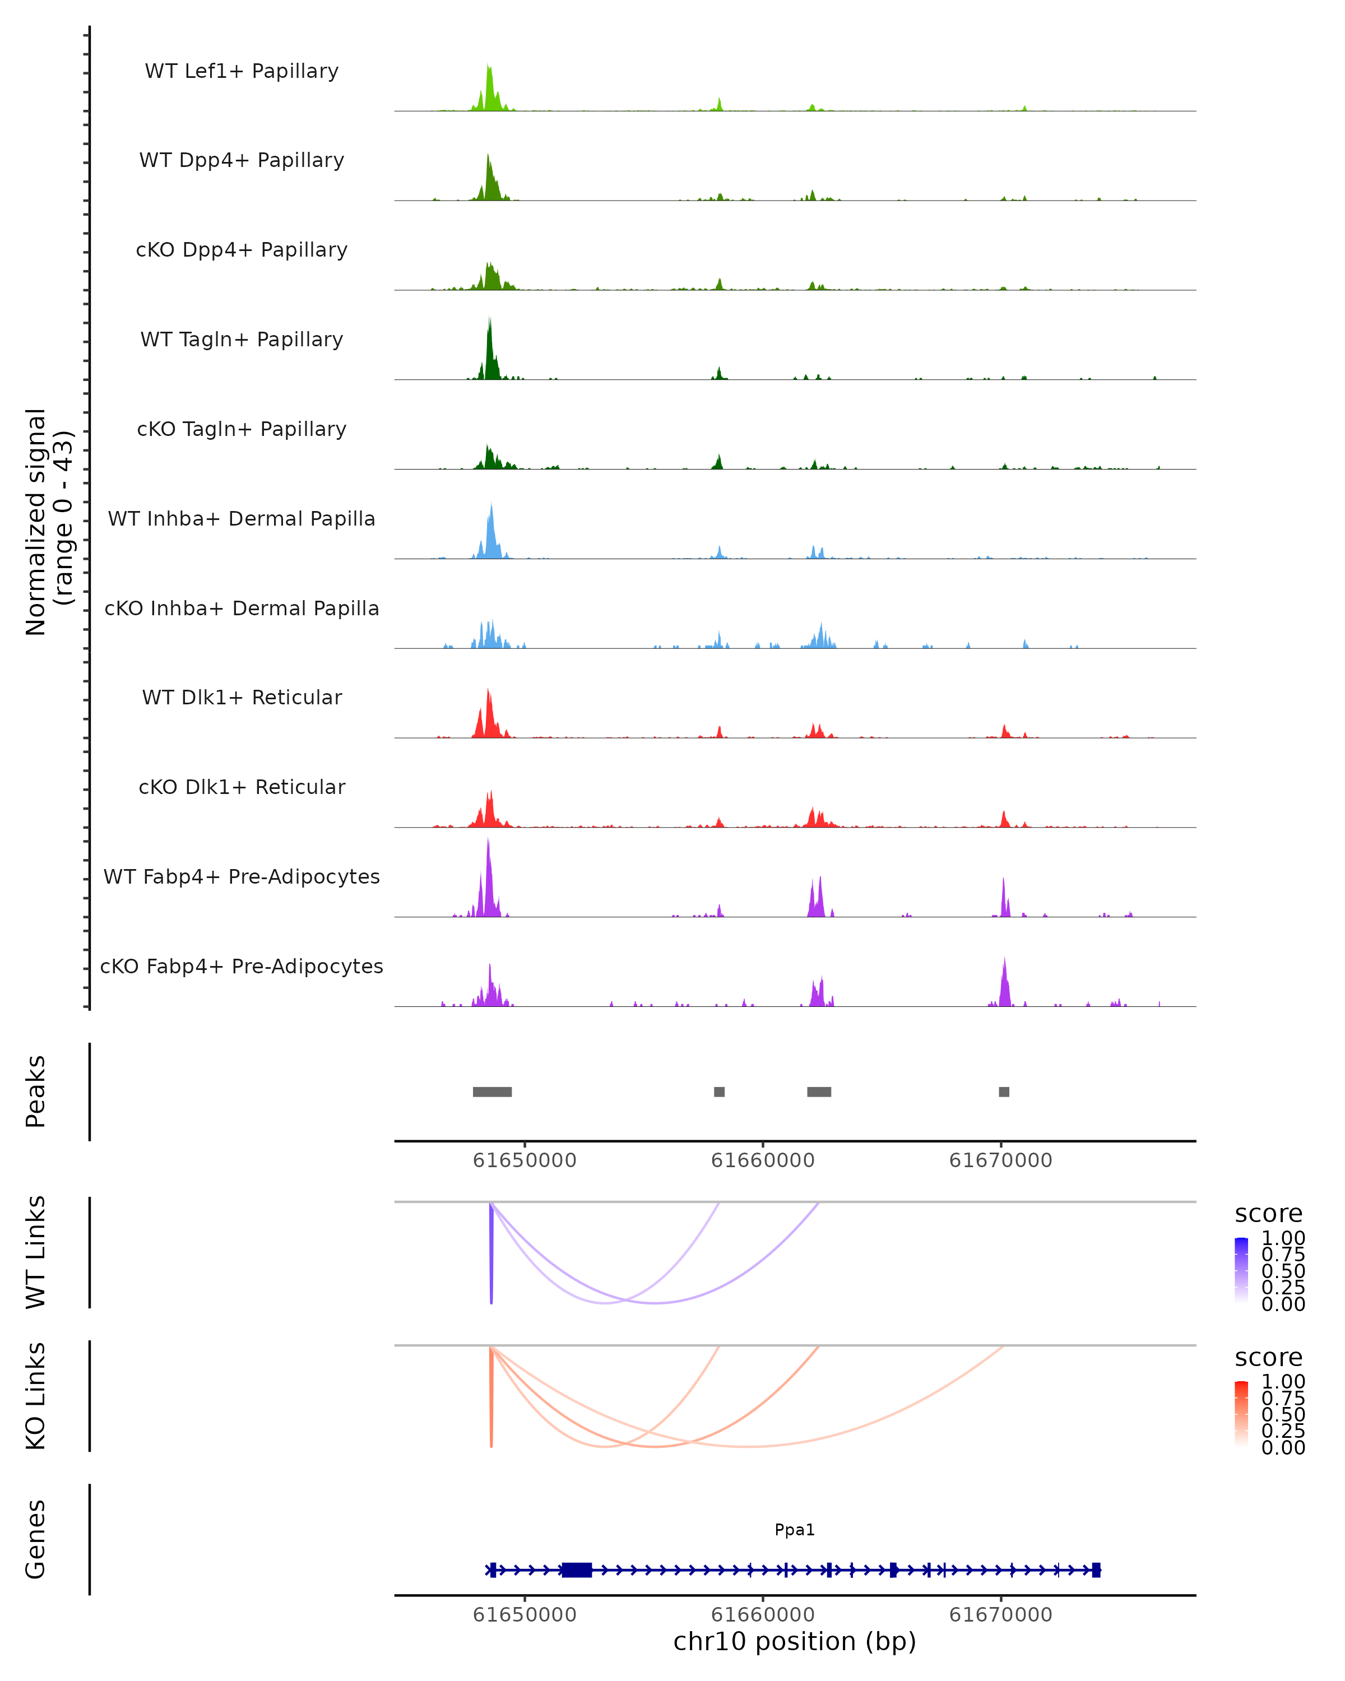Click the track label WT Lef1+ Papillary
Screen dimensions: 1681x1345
point(242,71)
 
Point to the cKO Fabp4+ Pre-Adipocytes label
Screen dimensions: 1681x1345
point(242,966)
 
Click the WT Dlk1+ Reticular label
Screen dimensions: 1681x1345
point(242,698)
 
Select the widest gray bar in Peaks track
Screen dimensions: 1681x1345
point(492,1092)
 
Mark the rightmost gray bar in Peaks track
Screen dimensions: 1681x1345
point(1004,1092)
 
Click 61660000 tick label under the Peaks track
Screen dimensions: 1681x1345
point(763,1160)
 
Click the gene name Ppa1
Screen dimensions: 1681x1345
point(795,1530)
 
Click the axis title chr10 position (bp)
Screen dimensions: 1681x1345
point(795,1642)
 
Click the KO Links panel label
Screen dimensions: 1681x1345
point(36,1396)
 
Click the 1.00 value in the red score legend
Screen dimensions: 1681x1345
point(1283,1382)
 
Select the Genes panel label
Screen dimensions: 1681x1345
point(36,1539)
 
